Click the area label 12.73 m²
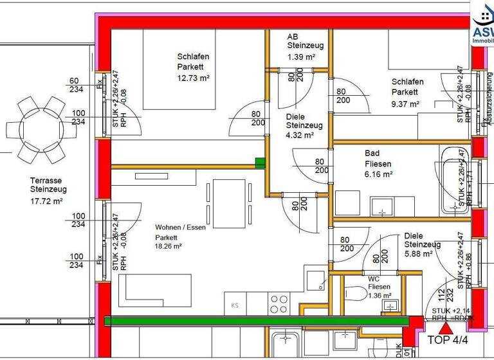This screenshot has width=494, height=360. [x=194, y=78]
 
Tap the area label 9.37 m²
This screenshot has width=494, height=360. [x=406, y=104]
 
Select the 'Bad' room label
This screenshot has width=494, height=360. [x=372, y=154]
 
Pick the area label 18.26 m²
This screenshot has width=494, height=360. [x=169, y=246]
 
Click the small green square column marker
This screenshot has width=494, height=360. [x=260, y=163]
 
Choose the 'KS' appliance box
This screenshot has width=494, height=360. [x=235, y=305]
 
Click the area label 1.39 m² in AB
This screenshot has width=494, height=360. [x=301, y=57]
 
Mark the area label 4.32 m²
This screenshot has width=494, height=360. [x=300, y=135]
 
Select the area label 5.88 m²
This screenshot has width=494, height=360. [x=416, y=255]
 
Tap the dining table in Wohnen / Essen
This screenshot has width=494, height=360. [x=228, y=204]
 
